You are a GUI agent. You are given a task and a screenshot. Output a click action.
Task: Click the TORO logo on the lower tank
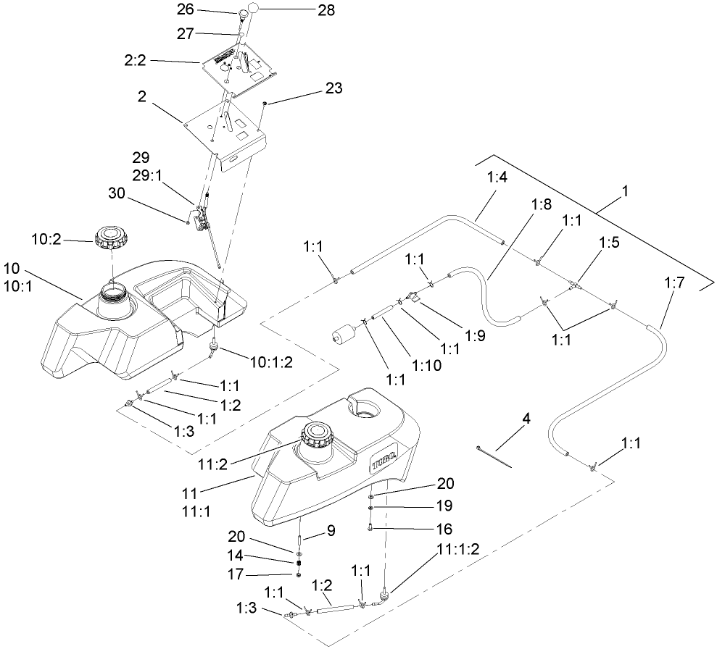(x=382, y=459)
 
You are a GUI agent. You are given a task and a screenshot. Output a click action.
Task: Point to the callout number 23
(x=334, y=88)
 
